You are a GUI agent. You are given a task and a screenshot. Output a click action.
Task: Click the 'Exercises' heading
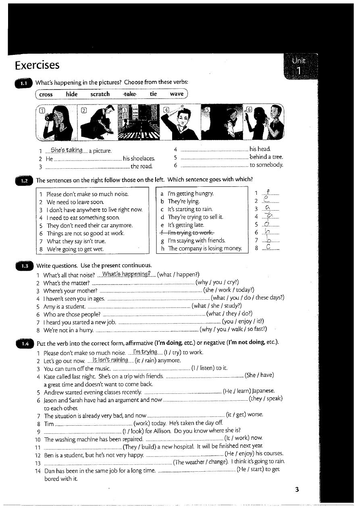[37, 65]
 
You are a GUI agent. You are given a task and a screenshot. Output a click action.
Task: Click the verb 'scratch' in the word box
[100, 94]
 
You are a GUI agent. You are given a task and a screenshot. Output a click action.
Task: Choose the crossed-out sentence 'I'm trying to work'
[189, 233]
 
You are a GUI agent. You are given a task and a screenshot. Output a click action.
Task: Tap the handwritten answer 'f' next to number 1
[268, 192]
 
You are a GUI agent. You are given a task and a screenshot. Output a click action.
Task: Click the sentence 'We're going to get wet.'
[75, 249]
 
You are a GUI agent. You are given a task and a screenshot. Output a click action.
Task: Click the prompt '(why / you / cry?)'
[217, 282]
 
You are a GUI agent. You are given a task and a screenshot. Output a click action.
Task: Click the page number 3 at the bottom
[297, 490]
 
